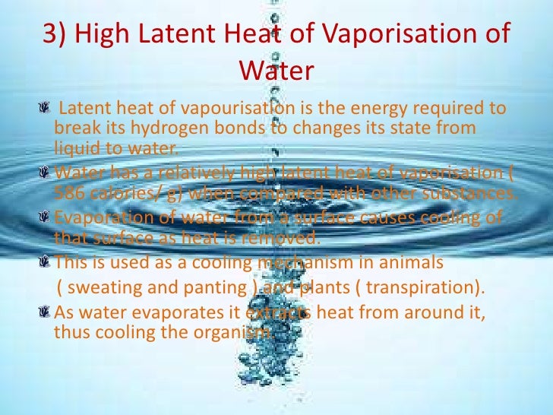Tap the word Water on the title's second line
pyautogui.click(x=276, y=71)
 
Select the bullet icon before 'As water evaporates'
pyautogui.click(x=48, y=315)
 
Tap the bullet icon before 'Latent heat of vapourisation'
pyautogui.click(x=48, y=112)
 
